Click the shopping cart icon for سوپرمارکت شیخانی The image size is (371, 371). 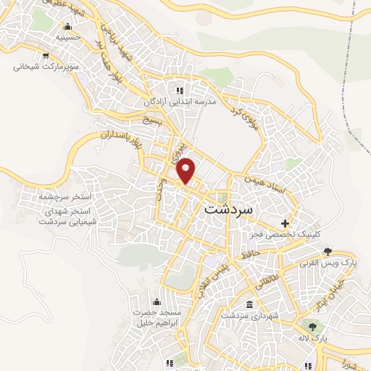pos(46,55)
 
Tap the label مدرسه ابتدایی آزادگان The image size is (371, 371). pos(182,102)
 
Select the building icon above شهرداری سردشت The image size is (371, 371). pos(250,304)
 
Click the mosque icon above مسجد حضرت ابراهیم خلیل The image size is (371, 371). pos(156,302)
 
